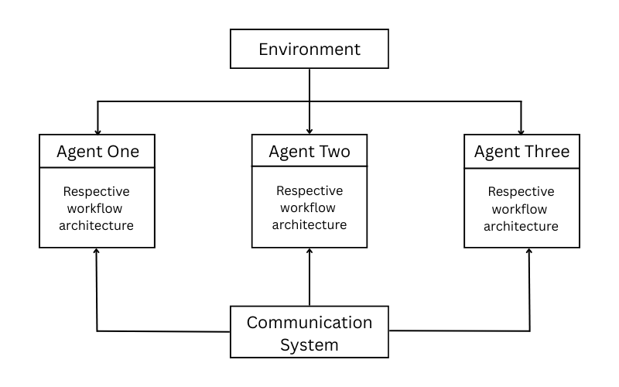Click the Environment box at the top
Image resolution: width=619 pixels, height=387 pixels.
309,50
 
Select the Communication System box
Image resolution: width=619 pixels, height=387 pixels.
309,332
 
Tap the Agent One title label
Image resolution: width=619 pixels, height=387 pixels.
97,152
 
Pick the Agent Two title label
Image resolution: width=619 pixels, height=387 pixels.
309,152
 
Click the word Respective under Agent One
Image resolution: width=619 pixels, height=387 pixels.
97,190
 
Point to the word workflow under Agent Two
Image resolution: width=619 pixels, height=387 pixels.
309,207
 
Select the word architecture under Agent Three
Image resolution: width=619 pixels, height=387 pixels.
521,226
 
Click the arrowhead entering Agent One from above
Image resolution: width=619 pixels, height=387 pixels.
97,131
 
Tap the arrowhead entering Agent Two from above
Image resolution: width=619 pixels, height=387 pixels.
309,131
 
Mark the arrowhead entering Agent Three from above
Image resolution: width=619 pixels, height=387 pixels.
521,131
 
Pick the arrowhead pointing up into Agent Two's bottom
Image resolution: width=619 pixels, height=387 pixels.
309,252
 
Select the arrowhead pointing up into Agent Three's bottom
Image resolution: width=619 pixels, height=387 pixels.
530,252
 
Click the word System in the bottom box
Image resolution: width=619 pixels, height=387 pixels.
309,343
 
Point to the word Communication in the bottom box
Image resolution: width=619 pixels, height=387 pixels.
309,321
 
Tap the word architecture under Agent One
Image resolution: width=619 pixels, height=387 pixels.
97,226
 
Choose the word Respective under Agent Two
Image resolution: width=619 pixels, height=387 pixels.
309,190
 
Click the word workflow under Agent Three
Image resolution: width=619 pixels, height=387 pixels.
521,208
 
